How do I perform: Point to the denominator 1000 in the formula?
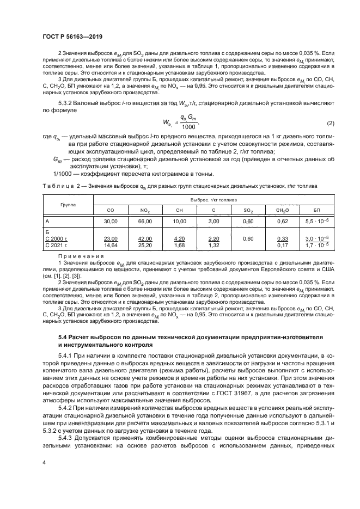point(188,127)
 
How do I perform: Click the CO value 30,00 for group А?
point(111,221)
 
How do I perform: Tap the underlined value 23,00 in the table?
point(111,238)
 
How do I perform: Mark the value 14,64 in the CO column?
point(111,245)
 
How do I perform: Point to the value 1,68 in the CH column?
point(179,245)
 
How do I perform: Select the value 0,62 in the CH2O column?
point(283,221)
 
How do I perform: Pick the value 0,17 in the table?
point(283,245)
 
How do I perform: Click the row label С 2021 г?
point(56,245)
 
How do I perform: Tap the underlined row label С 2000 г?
point(56,238)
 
